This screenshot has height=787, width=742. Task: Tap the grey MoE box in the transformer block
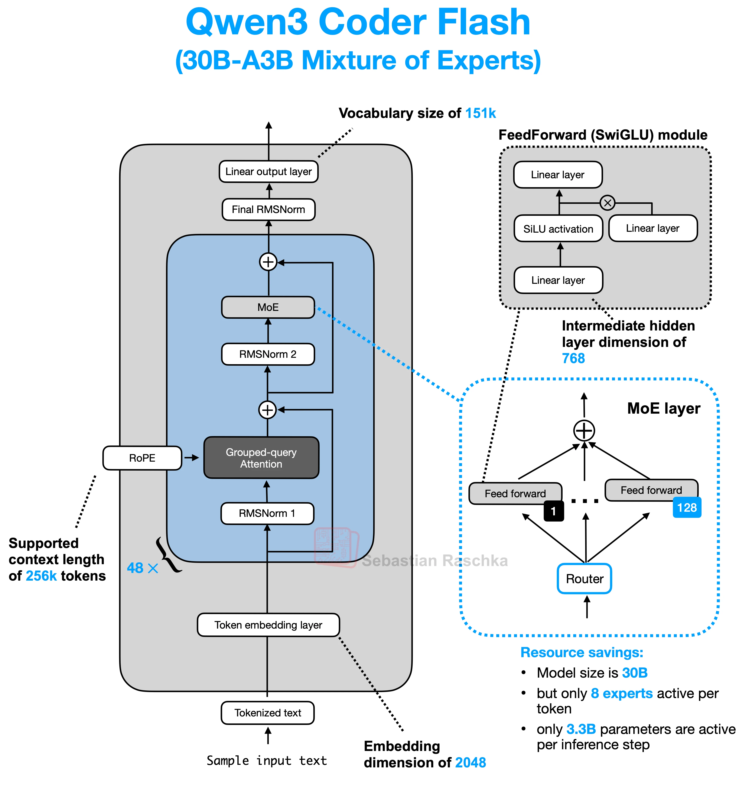click(x=268, y=307)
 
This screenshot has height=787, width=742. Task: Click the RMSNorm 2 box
click(x=268, y=354)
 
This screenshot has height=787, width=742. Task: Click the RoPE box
click(x=142, y=458)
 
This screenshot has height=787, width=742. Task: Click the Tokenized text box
click(x=267, y=713)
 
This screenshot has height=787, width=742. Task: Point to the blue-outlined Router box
click(x=585, y=579)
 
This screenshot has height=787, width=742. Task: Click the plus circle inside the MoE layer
click(x=584, y=431)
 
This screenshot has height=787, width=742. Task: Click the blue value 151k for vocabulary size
click(x=480, y=113)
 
